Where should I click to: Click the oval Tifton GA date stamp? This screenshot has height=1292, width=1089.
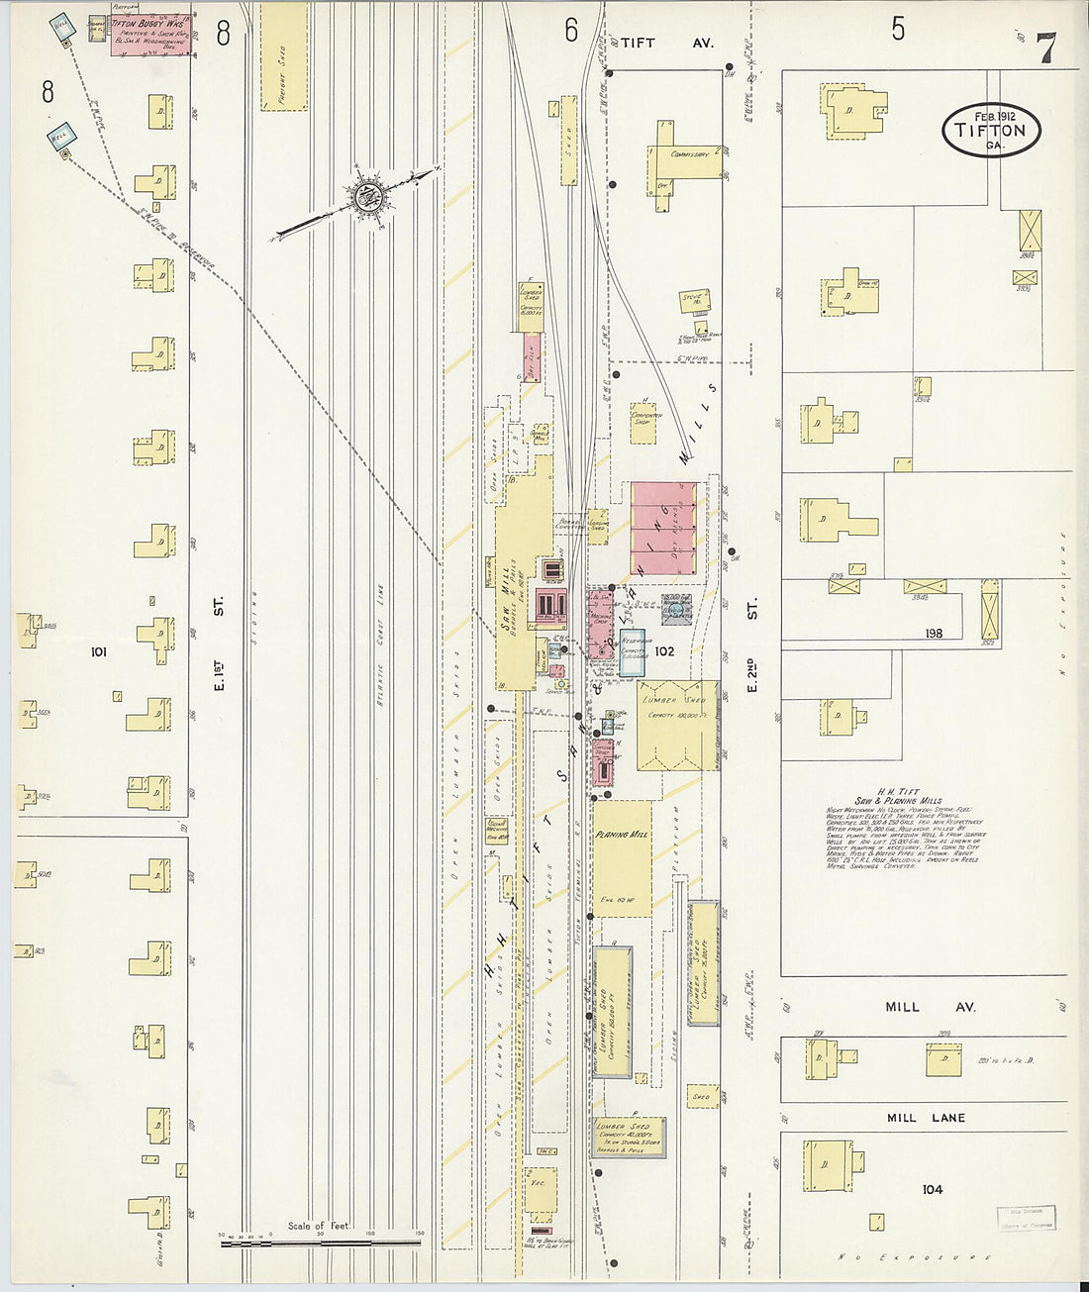click(x=991, y=131)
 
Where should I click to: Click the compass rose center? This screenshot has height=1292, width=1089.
click(x=369, y=196)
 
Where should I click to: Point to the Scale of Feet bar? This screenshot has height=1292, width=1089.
click(x=320, y=1239)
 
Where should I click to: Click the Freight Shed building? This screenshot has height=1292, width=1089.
click(x=283, y=56)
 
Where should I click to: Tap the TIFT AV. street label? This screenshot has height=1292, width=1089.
click(x=665, y=44)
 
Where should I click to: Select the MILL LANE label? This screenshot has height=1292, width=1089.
click(x=926, y=1118)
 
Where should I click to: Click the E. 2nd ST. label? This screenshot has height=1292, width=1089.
click(x=751, y=645)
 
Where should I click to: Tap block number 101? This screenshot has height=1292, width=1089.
click(x=98, y=651)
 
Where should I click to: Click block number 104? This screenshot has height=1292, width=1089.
click(x=932, y=1189)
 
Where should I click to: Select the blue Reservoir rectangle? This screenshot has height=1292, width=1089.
click(x=633, y=652)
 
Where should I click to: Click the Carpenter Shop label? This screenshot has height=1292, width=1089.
click(x=646, y=420)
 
